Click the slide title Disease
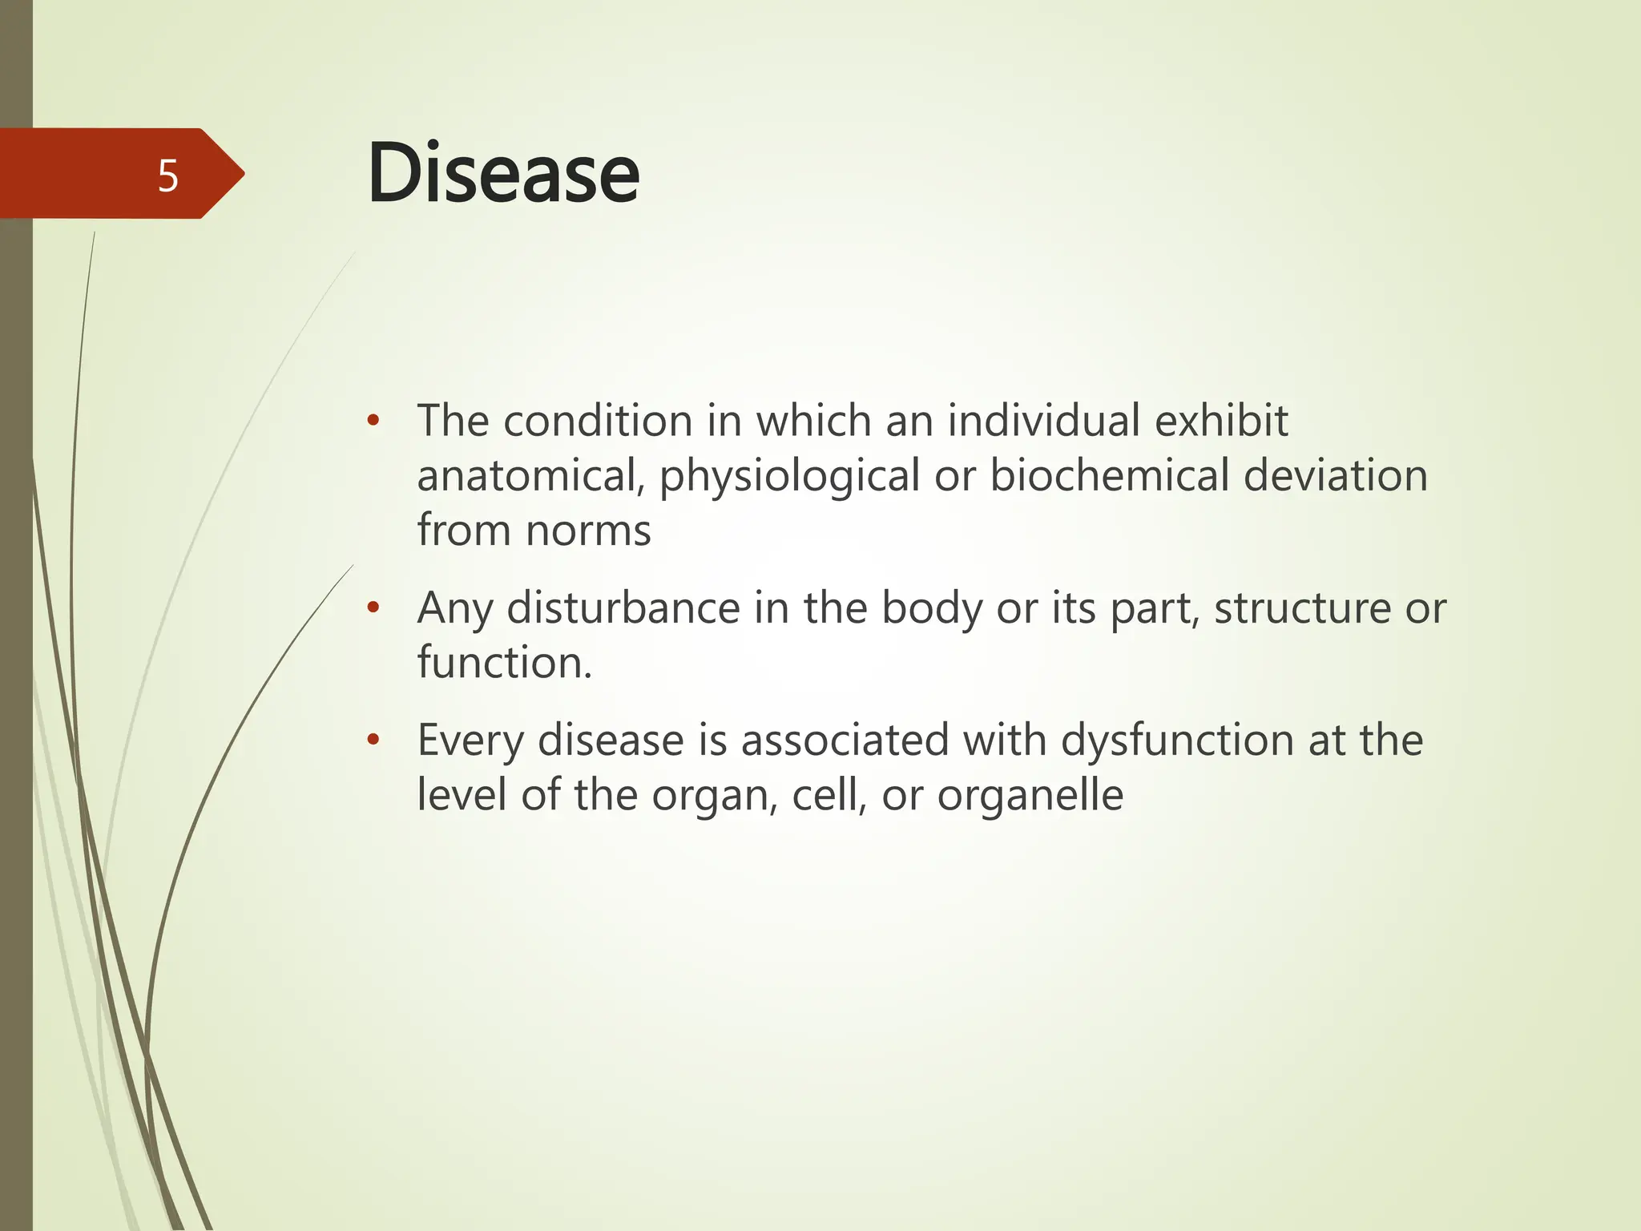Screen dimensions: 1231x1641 503,173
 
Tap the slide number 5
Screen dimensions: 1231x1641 167,176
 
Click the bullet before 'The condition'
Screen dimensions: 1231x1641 372,421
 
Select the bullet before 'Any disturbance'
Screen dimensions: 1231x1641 372,608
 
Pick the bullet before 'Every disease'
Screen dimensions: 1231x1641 372,740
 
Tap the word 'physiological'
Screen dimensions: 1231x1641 789,477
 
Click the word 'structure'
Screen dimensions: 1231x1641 1302,607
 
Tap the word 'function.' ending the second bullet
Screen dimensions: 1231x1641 505,663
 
